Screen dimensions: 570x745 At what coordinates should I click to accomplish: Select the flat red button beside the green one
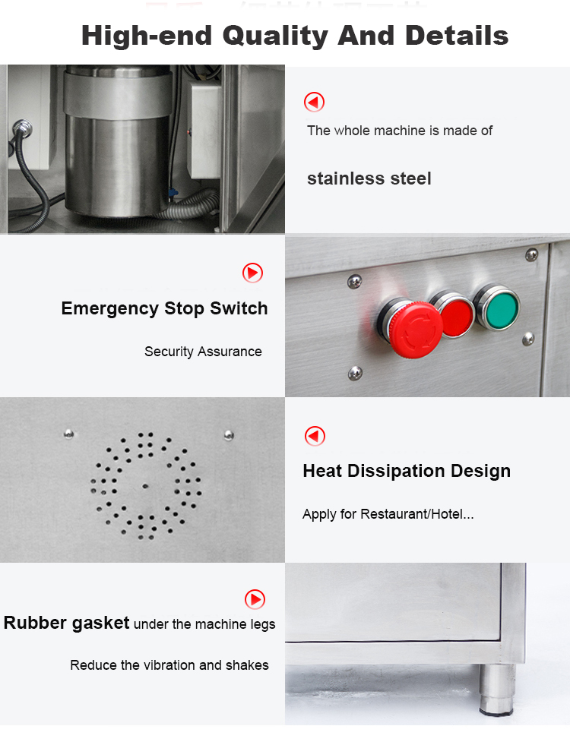455,315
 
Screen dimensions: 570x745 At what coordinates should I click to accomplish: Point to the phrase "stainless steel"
369,178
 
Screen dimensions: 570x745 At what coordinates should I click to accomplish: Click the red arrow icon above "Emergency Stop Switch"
252,273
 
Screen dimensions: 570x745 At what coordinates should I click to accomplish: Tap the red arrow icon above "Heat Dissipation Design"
315,436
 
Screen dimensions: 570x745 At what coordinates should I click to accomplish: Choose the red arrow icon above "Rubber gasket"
255,599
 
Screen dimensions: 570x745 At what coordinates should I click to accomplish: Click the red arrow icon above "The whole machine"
314,102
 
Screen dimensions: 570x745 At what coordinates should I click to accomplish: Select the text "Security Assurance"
203,352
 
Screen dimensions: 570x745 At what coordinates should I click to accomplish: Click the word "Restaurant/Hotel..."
417,514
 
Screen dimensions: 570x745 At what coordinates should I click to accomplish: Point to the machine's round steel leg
497,689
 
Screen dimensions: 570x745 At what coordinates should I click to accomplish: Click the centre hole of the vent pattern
145,486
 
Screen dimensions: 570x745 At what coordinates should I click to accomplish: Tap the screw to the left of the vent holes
69,434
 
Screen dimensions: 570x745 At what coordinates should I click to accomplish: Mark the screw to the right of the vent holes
229,434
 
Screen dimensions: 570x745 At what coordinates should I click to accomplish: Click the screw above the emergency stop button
355,282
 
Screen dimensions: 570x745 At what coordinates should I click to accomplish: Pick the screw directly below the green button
528,339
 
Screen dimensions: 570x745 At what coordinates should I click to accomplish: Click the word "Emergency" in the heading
109,309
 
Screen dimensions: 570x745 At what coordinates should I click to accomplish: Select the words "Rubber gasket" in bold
67,623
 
